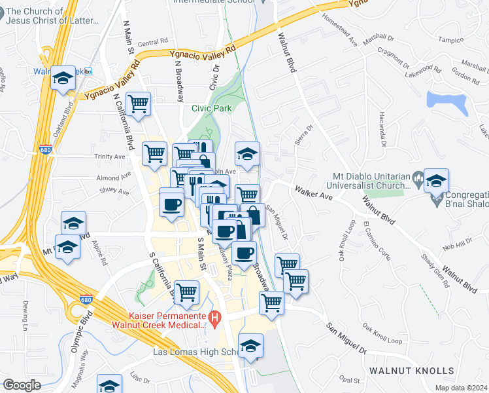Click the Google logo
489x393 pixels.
(x=22, y=385)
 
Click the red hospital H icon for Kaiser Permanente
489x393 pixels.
(x=214, y=319)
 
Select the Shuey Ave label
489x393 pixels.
(x=115, y=191)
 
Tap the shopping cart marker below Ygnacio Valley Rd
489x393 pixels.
(x=139, y=103)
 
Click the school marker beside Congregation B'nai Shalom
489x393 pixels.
(x=436, y=180)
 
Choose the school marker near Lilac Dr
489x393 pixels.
(x=109, y=384)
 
